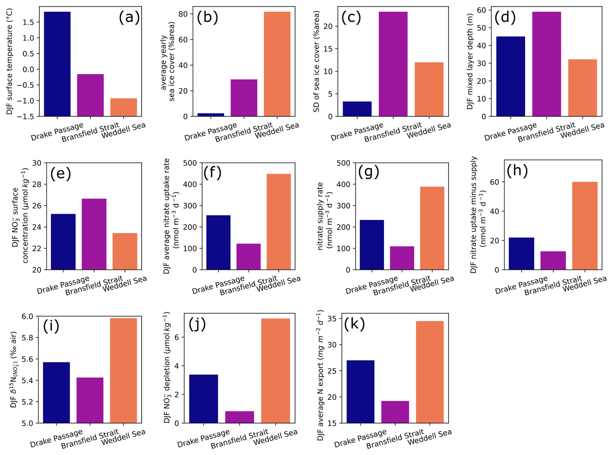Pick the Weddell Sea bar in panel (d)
[x=582, y=87]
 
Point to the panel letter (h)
[x=517, y=170]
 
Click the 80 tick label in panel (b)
[x=183, y=14]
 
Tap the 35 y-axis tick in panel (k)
[x=337, y=319]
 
